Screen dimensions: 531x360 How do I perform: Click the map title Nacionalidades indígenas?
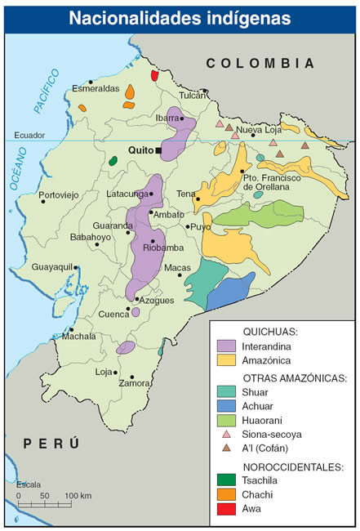tap(180, 16)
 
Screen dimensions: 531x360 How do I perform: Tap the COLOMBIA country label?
tap(260, 63)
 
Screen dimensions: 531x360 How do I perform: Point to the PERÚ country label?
tap(51, 444)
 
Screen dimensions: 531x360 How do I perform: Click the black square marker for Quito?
tap(160, 151)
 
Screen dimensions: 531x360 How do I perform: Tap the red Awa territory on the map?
tap(154, 75)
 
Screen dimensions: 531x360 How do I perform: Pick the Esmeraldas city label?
tap(95, 88)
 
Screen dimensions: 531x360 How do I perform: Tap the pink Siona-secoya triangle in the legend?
tap(226, 434)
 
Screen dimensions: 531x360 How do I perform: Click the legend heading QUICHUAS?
tap(270, 332)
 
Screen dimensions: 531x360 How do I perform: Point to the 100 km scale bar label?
tap(78, 496)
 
